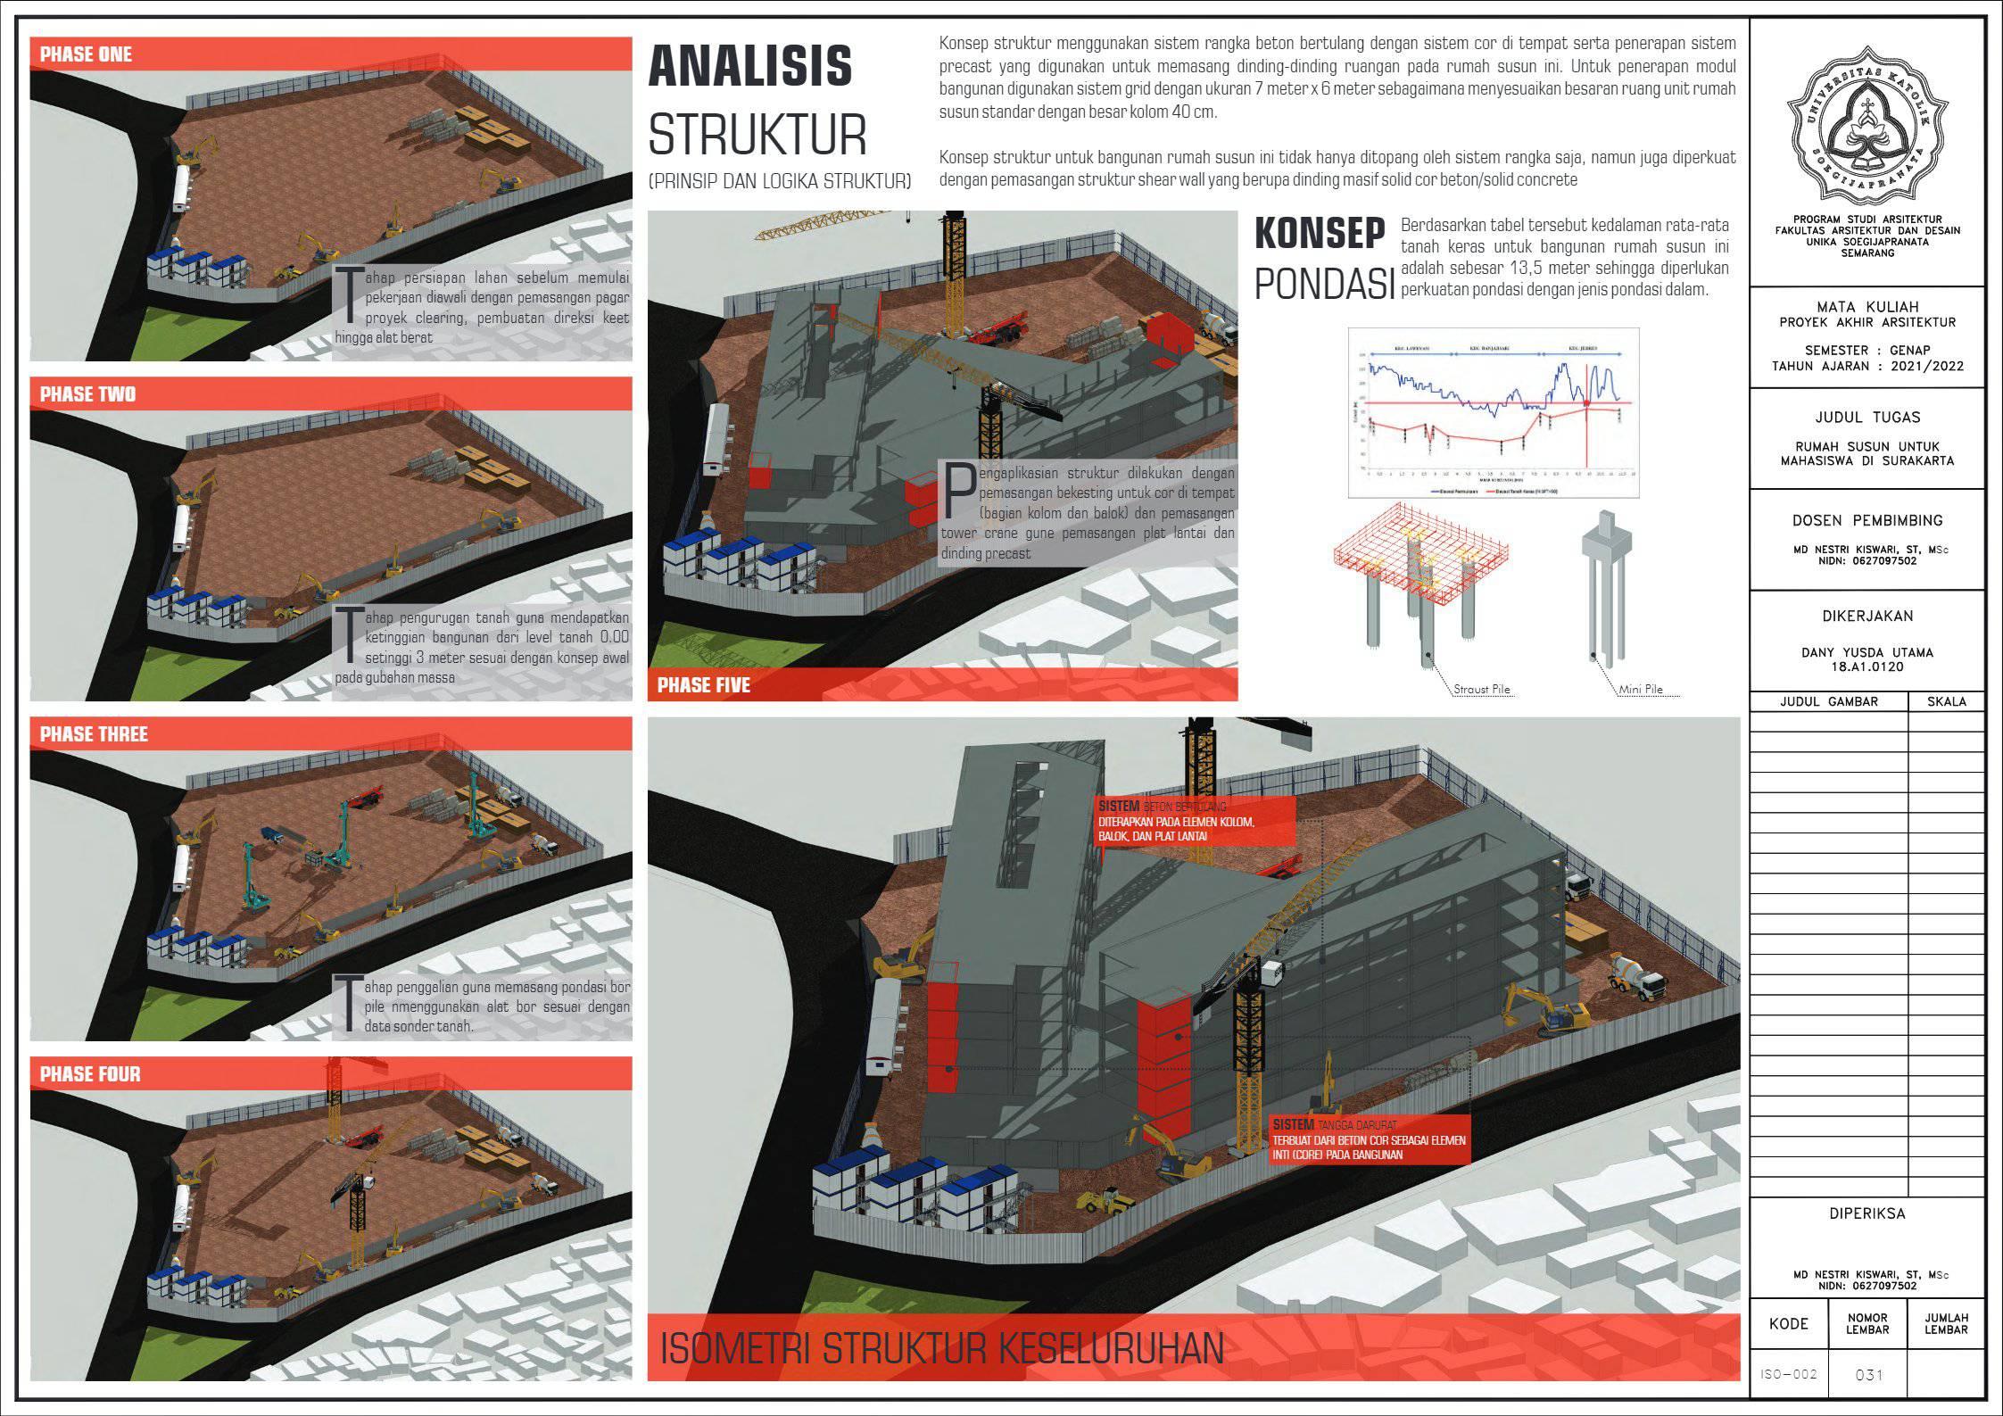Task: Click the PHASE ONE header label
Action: [87, 54]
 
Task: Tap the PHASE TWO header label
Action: [88, 394]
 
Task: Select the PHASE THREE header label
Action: [94, 734]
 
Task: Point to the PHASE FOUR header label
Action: [90, 1074]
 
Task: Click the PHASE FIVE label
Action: [704, 685]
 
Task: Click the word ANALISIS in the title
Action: [750, 67]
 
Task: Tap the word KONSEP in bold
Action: [1320, 234]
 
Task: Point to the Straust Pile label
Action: [1482, 690]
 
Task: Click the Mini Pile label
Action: [1640, 690]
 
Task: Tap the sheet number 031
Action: [1868, 1375]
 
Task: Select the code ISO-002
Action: [1789, 1374]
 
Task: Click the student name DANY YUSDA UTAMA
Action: [1866, 652]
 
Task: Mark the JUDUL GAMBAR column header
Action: [1829, 701]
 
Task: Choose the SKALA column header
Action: [1946, 701]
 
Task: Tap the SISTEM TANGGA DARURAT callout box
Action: [1369, 1139]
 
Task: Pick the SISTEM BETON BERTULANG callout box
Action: [1195, 821]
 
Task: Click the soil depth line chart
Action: [1494, 413]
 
